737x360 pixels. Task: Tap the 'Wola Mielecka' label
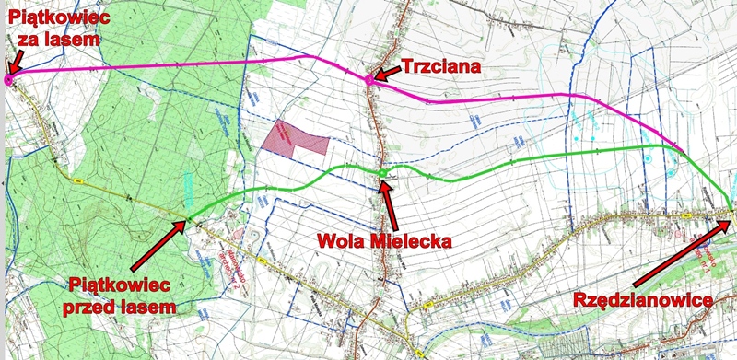383,242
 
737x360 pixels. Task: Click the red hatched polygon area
295,138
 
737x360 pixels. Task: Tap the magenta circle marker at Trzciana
369,80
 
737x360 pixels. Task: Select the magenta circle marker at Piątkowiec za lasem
8,80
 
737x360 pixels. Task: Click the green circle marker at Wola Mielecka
381,173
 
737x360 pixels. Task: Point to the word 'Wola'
338,242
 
